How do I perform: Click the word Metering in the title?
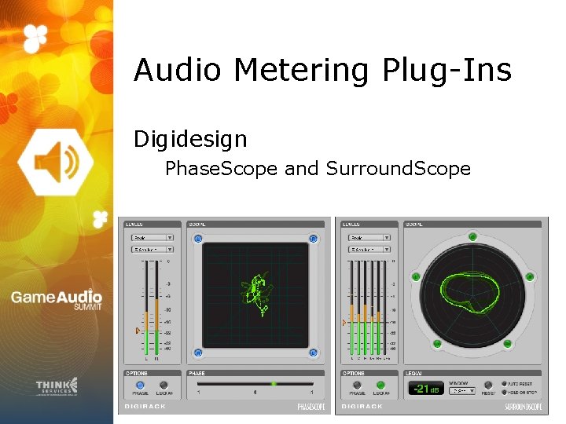pyautogui.click(x=301, y=71)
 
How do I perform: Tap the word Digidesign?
pyautogui.click(x=190, y=140)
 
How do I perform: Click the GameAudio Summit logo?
pyautogui.click(x=56, y=301)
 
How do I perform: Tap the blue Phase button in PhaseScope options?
pyautogui.click(x=140, y=385)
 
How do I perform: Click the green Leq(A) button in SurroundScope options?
pyautogui.click(x=381, y=385)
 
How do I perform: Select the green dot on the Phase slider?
pyautogui.click(x=274, y=384)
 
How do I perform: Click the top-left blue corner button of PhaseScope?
pyautogui.click(x=198, y=239)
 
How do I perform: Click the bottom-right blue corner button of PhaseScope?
pyautogui.click(x=313, y=353)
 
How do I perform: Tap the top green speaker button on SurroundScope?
pyautogui.click(x=472, y=235)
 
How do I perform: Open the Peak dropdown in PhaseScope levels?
pyautogui.click(x=153, y=237)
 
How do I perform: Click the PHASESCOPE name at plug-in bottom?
pyautogui.click(x=311, y=407)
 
